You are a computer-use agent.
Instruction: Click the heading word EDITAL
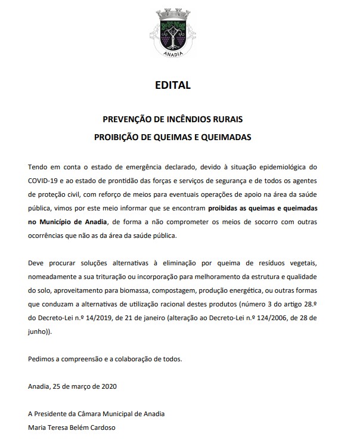(x=172, y=85)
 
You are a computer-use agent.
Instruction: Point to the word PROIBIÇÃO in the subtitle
(x=119, y=137)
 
